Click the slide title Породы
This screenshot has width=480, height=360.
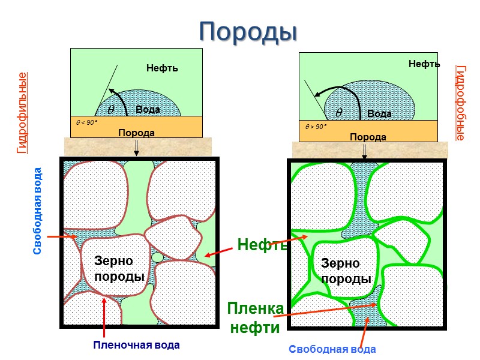(x=248, y=31)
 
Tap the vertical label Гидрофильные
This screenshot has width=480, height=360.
(x=22, y=113)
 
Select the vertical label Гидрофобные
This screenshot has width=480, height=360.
(x=460, y=103)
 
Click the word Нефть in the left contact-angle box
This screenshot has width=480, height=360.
(x=162, y=68)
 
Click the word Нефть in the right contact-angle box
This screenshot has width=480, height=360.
(x=424, y=64)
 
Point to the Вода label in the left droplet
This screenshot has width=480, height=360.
(x=148, y=110)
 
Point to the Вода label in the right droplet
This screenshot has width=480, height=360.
(x=379, y=113)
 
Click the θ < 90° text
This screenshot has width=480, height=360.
(x=86, y=122)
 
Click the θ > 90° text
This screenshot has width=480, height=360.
(x=316, y=127)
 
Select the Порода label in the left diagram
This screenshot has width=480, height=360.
(x=136, y=133)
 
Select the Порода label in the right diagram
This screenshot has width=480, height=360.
(x=368, y=137)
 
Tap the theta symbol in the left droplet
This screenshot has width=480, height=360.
(x=111, y=110)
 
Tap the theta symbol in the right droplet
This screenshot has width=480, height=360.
(x=339, y=112)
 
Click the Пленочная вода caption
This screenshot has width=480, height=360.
(x=136, y=346)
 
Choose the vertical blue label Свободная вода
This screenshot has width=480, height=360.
(x=38, y=211)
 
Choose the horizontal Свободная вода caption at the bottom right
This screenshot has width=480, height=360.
(x=332, y=349)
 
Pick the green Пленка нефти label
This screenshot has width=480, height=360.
(x=255, y=318)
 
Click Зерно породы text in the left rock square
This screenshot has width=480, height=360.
(x=120, y=269)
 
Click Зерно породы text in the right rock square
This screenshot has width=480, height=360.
(x=345, y=271)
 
